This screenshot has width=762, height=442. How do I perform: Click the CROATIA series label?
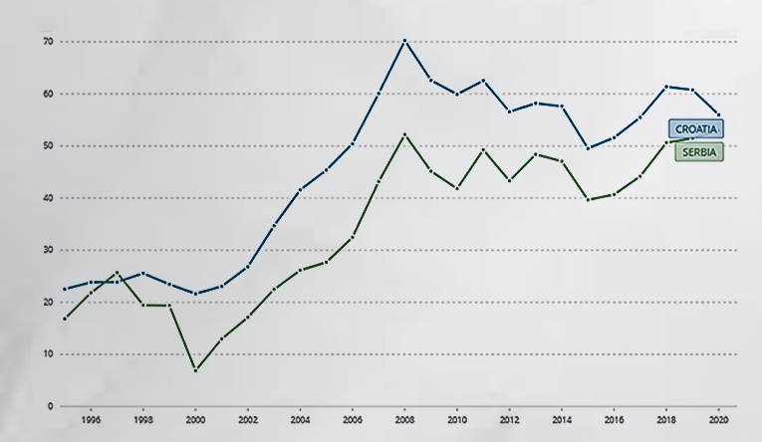tap(695, 128)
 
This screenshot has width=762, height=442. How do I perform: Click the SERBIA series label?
tap(699, 151)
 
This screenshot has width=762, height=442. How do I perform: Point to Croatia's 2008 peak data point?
tap(404, 41)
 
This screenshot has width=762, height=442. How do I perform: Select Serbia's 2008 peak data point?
tap(404, 134)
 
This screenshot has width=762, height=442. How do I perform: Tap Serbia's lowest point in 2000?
tap(195, 370)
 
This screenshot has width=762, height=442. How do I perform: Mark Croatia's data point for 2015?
tap(587, 148)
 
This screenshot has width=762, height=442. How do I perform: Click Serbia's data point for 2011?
tap(482, 149)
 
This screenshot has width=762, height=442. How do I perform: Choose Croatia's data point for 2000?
tap(195, 294)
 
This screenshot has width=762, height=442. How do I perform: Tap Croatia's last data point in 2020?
tap(717, 114)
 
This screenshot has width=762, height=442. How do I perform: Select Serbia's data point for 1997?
tap(117, 272)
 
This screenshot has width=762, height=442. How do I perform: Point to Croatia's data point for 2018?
tap(665, 87)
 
